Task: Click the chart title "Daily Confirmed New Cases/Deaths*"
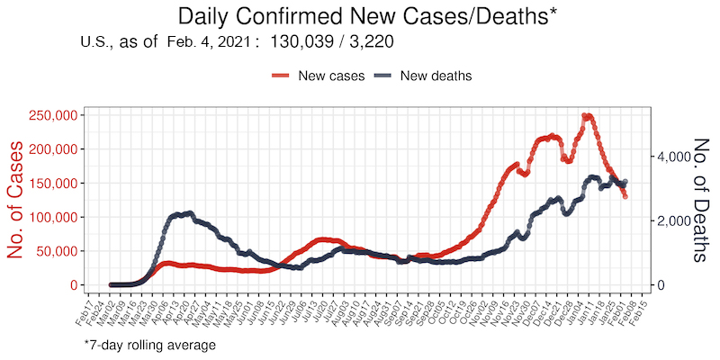[359, 16]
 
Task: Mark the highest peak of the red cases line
[586, 116]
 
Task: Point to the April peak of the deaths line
[186, 213]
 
